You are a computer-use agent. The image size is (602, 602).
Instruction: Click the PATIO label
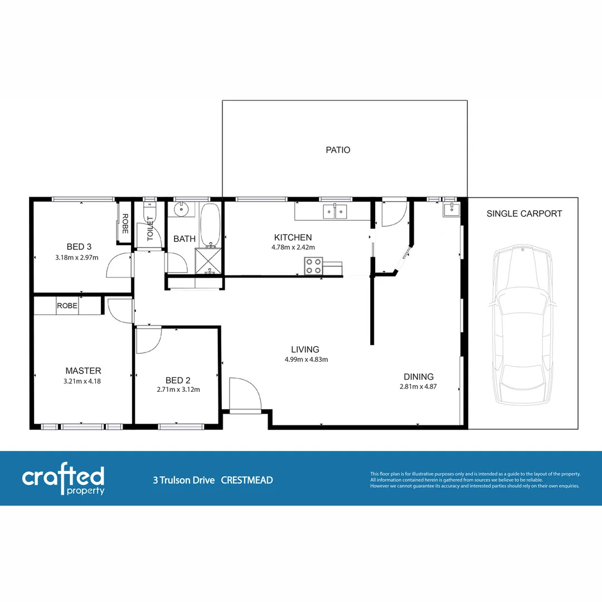(338, 150)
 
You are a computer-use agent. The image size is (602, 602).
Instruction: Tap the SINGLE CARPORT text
(524, 213)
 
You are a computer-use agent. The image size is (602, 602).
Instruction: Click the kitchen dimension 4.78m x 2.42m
(294, 247)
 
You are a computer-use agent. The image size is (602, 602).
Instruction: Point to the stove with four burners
(313, 266)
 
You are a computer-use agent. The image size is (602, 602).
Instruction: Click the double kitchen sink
(335, 211)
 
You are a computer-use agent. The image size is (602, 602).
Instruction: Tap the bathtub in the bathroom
(210, 224)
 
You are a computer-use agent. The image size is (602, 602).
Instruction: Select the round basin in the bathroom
(181, 210)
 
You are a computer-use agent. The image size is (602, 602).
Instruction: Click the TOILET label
(150, 229)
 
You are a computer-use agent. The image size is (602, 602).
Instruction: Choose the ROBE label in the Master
(66, 306)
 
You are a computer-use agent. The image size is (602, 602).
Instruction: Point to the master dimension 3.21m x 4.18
(82, 381)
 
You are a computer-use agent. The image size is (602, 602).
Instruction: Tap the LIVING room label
(305, 349)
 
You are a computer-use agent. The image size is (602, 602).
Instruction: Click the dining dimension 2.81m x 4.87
(418, 386)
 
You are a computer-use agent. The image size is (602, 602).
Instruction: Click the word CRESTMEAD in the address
(247, 480)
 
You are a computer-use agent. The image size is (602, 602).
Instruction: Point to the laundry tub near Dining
(450, 210)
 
